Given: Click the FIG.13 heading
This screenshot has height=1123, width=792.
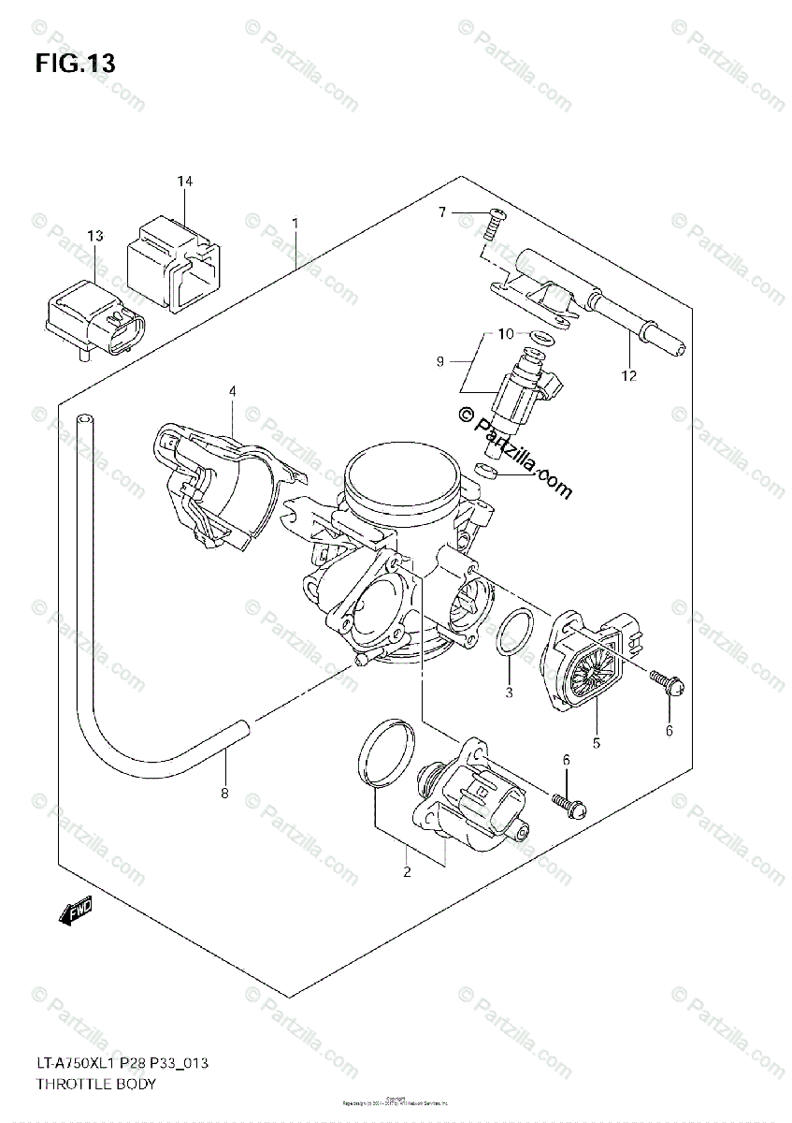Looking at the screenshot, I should (76, 64).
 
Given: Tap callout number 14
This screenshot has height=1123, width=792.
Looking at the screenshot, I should (185, 180).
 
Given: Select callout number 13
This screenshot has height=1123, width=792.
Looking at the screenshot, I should (95, 236).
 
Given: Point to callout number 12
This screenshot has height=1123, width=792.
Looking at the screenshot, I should (628, 376).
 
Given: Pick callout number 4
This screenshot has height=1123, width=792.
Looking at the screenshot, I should (233, 390).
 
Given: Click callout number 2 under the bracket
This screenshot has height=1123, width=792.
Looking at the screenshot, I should (407, 872).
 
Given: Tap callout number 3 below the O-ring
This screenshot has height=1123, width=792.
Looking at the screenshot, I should (510, 693).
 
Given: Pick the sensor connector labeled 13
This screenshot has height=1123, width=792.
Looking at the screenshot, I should (94, 318).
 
